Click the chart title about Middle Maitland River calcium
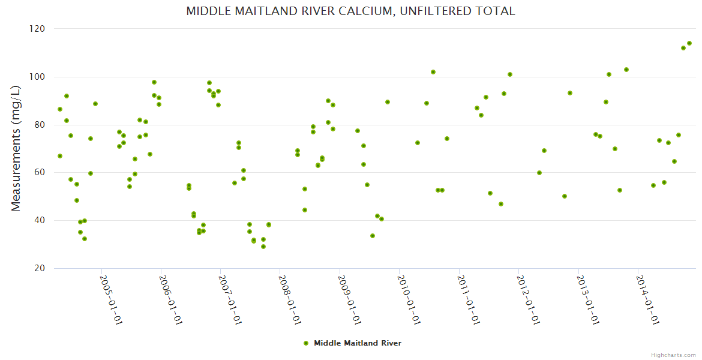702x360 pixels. (350, 11)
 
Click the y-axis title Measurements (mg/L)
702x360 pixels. (16, 148)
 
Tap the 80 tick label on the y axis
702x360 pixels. (40, 125)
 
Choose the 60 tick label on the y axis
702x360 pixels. (40, 173)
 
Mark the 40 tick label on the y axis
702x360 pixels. (40, 220)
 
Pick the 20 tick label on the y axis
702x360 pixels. (40, 268)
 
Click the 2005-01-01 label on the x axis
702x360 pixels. (110, 300)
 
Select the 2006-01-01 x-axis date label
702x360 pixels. (170, 300)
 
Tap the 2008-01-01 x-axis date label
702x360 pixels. (289, 300)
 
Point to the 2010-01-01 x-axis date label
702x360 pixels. (409, 300)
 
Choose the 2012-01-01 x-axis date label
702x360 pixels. (527, 300)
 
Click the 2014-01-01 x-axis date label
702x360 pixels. (647, 300)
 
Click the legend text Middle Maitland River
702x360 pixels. (358, 343)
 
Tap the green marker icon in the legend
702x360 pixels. (306, 343)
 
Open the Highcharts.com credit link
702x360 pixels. (673, 355)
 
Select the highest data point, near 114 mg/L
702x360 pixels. (689, 43)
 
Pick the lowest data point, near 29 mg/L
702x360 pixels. (263, 247)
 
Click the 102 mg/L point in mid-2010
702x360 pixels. (433, 72)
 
